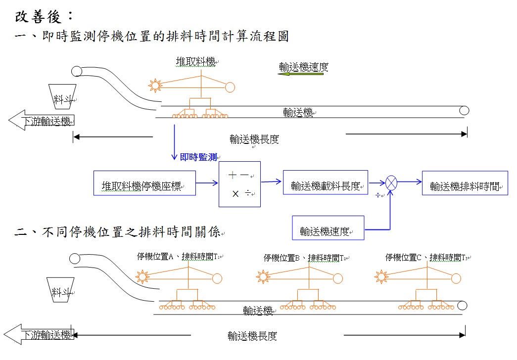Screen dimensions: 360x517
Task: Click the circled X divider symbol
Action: tap(391, 182)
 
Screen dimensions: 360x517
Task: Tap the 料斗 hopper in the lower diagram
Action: tap(60, 290)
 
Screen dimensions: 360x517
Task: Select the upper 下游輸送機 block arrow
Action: tap(42, 121)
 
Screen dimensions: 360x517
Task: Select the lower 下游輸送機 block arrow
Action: tap(39, 334)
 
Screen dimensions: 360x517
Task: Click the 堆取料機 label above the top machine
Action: tap(196, 62)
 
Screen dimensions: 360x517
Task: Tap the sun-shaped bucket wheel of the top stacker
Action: tap(155, 86)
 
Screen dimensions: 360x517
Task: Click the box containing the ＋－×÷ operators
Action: tap(239, 183)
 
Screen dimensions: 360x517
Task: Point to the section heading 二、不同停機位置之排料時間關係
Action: tap(119, 232)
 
